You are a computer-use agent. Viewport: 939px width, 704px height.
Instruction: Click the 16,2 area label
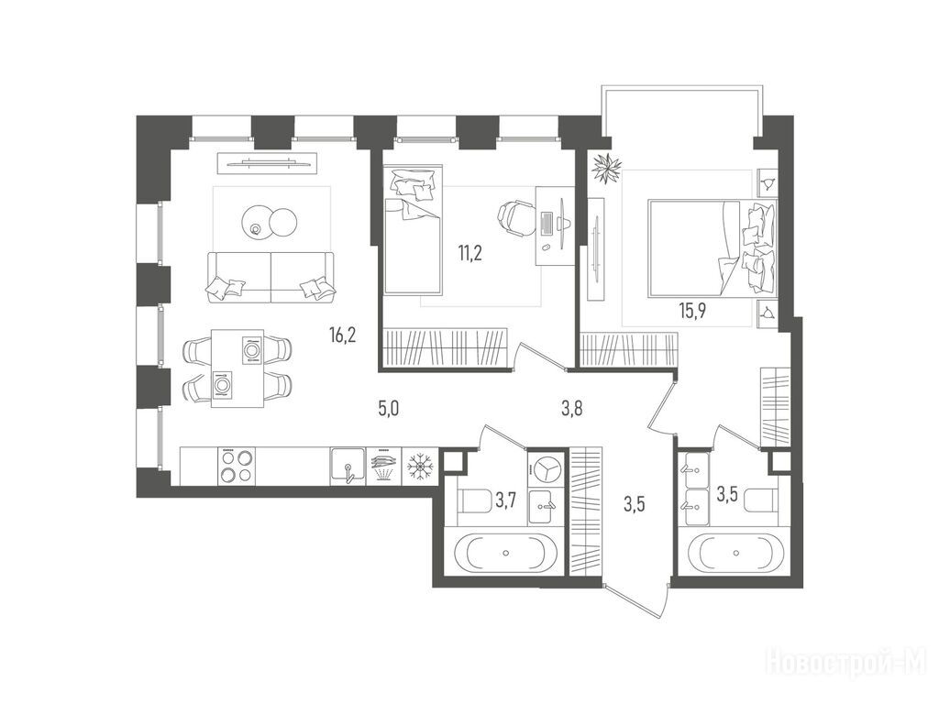point(343,335)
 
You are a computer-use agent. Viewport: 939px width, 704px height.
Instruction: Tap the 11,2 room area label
point(470,253)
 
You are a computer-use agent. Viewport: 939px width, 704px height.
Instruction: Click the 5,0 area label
point(388,410)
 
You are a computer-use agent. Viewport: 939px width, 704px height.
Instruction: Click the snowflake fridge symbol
point(420,466)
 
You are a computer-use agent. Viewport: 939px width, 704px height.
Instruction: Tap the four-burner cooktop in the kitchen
point(236,466)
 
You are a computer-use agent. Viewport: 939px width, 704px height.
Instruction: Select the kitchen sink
point(348,466)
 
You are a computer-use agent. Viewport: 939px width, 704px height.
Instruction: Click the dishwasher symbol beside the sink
point(383,466)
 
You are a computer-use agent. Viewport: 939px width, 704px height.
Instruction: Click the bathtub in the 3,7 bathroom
point(506,553)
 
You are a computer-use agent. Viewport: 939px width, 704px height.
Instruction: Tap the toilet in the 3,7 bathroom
point(474,500)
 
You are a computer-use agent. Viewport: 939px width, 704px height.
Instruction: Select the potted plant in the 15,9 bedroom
point(607,168)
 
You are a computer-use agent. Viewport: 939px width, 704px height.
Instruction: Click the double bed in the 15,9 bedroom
point(712,247)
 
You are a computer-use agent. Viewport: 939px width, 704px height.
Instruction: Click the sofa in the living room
point(271,277)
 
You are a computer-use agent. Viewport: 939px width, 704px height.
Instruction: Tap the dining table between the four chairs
point(238,368)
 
